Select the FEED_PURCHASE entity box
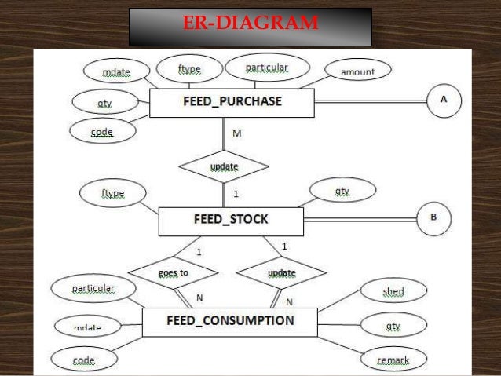tap(232, 102)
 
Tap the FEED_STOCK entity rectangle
tap(230, 221)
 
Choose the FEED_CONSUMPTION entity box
tap(229, 321)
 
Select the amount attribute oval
tap(357, 71)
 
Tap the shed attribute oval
tap(393, 292)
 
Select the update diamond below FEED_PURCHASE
tap(224, 166)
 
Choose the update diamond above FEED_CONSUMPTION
tap(281, 273)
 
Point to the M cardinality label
tap(236, 133)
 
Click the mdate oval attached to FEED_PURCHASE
tap(117, 73)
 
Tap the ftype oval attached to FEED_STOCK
tap(112, 193)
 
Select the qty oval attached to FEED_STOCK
tap(342, 191)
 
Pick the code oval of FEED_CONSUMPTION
tap(84, 360)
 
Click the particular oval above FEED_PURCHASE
tap(266, 69)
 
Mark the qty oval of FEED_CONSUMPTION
tap(393, 326)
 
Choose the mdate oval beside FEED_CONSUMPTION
tap(87, 325)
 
